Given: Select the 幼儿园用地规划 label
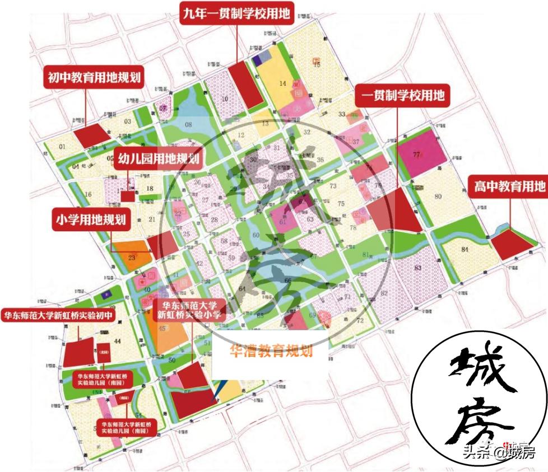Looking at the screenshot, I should coord(158,159).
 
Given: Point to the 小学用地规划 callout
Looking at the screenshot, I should coord(90,219).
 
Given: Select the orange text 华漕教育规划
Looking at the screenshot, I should coord(271,351).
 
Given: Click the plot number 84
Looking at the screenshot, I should coord(465,249).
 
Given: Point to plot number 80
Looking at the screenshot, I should coord(438,196).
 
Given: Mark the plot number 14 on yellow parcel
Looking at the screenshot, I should coord(283,83).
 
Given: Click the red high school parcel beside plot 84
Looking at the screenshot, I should coord(512,244).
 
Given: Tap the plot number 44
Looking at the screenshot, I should coord(117,340).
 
